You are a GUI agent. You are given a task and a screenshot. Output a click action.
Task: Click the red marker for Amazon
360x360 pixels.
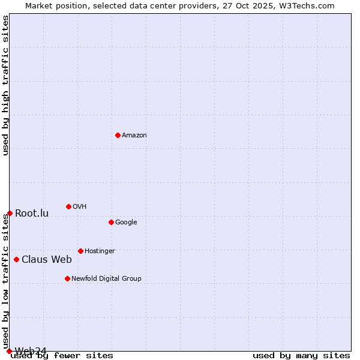[118, 135]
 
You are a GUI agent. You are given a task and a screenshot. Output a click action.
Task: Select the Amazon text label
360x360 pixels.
[134, 136]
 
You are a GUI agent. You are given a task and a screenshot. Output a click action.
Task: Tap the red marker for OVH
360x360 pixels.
[68, 206]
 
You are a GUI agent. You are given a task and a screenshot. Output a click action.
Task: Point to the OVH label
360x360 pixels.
[80, 207]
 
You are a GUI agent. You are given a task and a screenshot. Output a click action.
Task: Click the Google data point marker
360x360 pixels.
[111, 222]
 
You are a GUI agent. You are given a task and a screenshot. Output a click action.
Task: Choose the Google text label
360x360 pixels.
[126, 223]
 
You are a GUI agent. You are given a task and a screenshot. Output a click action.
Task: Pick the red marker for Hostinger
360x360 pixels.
[80, 251]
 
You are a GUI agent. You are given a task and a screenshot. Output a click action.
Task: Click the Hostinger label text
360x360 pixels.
[100, 251]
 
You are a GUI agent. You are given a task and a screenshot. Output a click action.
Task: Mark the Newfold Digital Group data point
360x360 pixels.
[67, 278]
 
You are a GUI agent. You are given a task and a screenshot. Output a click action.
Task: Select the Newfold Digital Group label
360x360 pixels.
[106, 278]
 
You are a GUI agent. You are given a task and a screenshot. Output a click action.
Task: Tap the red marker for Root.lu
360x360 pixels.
[10, 213]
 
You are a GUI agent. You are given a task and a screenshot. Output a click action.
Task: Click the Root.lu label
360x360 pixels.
[32, 214]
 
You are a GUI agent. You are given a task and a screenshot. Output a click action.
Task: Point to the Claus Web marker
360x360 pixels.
[16, 259]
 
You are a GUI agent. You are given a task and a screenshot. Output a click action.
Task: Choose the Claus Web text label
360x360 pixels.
[47, 260]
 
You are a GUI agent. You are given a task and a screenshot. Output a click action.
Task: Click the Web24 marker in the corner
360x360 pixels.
[9, 351]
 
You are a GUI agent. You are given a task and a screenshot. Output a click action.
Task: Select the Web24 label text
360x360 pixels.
[31, 351]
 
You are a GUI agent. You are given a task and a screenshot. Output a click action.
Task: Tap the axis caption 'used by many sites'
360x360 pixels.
[301, 356]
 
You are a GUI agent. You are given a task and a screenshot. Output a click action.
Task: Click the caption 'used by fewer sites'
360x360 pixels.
[62, 356]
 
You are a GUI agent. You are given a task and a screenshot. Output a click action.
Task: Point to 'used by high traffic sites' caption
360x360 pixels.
[6, 85]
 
